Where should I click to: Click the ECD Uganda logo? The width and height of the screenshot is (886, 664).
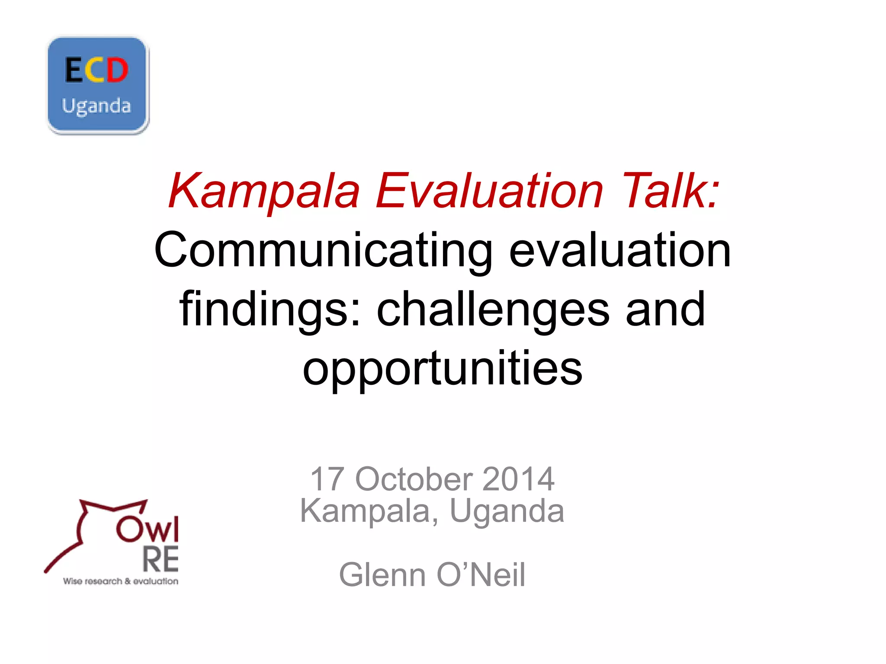point(98,86)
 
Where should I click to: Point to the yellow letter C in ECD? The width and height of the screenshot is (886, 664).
point(96,70)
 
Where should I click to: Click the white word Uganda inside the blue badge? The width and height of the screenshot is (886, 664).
point(96,106)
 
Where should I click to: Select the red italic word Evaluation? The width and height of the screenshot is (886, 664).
point(489,191)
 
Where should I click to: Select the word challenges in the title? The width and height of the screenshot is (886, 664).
point(493,310)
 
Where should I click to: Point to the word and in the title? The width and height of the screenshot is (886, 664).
point(665,310)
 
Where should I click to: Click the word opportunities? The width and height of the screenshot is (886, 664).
point(443,368)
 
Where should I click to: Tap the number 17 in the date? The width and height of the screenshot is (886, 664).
point(327,479)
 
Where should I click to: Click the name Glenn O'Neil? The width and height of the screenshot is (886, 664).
point(432,575)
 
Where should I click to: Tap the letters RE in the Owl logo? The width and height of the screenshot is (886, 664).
point(161,559)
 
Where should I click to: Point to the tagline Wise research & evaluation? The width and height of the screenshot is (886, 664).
point(121,581)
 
